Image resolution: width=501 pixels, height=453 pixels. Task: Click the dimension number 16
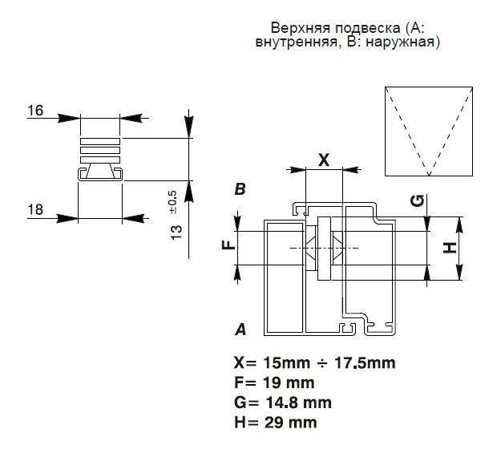pos(34,111)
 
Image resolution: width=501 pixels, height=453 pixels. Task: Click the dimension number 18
pos(34,210)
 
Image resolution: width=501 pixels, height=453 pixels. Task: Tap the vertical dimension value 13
pos(177,232)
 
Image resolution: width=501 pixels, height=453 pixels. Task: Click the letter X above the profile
pos(324,159)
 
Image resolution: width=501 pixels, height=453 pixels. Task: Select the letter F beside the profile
pos(228,245)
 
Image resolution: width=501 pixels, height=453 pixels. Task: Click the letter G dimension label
pos(416,200)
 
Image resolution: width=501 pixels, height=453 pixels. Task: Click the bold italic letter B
pos(239,189)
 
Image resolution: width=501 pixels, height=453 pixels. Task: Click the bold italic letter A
pos(239,329)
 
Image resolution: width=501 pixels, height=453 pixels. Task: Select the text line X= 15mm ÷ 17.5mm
pos(314,363)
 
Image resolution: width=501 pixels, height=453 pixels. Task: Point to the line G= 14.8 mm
pos(282,402)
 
